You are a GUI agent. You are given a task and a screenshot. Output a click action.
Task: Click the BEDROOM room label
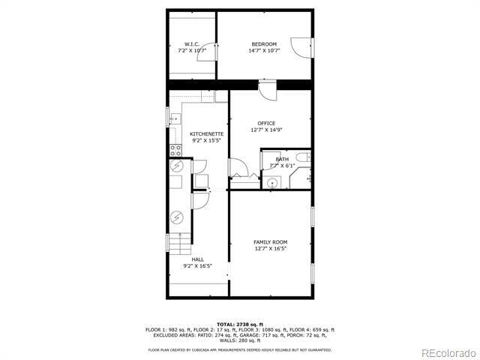(263, 44)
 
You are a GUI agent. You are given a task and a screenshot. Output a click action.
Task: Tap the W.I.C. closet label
(192, 44)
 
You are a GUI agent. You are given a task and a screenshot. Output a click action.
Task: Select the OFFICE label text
(266, 123)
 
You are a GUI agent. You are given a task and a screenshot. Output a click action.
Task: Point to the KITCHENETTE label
(206, 133)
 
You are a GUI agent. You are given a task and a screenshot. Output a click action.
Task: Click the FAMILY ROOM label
(270, 241)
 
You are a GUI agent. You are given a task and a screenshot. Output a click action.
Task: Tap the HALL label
(197, 259)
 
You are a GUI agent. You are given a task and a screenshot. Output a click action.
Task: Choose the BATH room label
(282, 159)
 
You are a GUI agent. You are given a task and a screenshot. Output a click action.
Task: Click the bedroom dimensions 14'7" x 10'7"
(263, 51)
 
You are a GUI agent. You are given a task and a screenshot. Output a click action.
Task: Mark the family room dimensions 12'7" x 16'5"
(270, 248)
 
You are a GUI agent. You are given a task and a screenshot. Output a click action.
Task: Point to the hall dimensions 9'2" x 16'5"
(197, 265)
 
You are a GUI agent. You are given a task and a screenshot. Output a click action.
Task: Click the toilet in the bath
(301, 157)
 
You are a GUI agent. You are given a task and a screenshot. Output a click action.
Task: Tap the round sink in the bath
(274, 182)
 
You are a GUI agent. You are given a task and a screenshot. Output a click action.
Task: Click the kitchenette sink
(174, 118)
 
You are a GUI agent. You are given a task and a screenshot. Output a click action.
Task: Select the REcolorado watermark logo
(447, 352)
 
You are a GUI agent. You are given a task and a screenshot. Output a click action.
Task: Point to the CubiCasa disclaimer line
(240, 349)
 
